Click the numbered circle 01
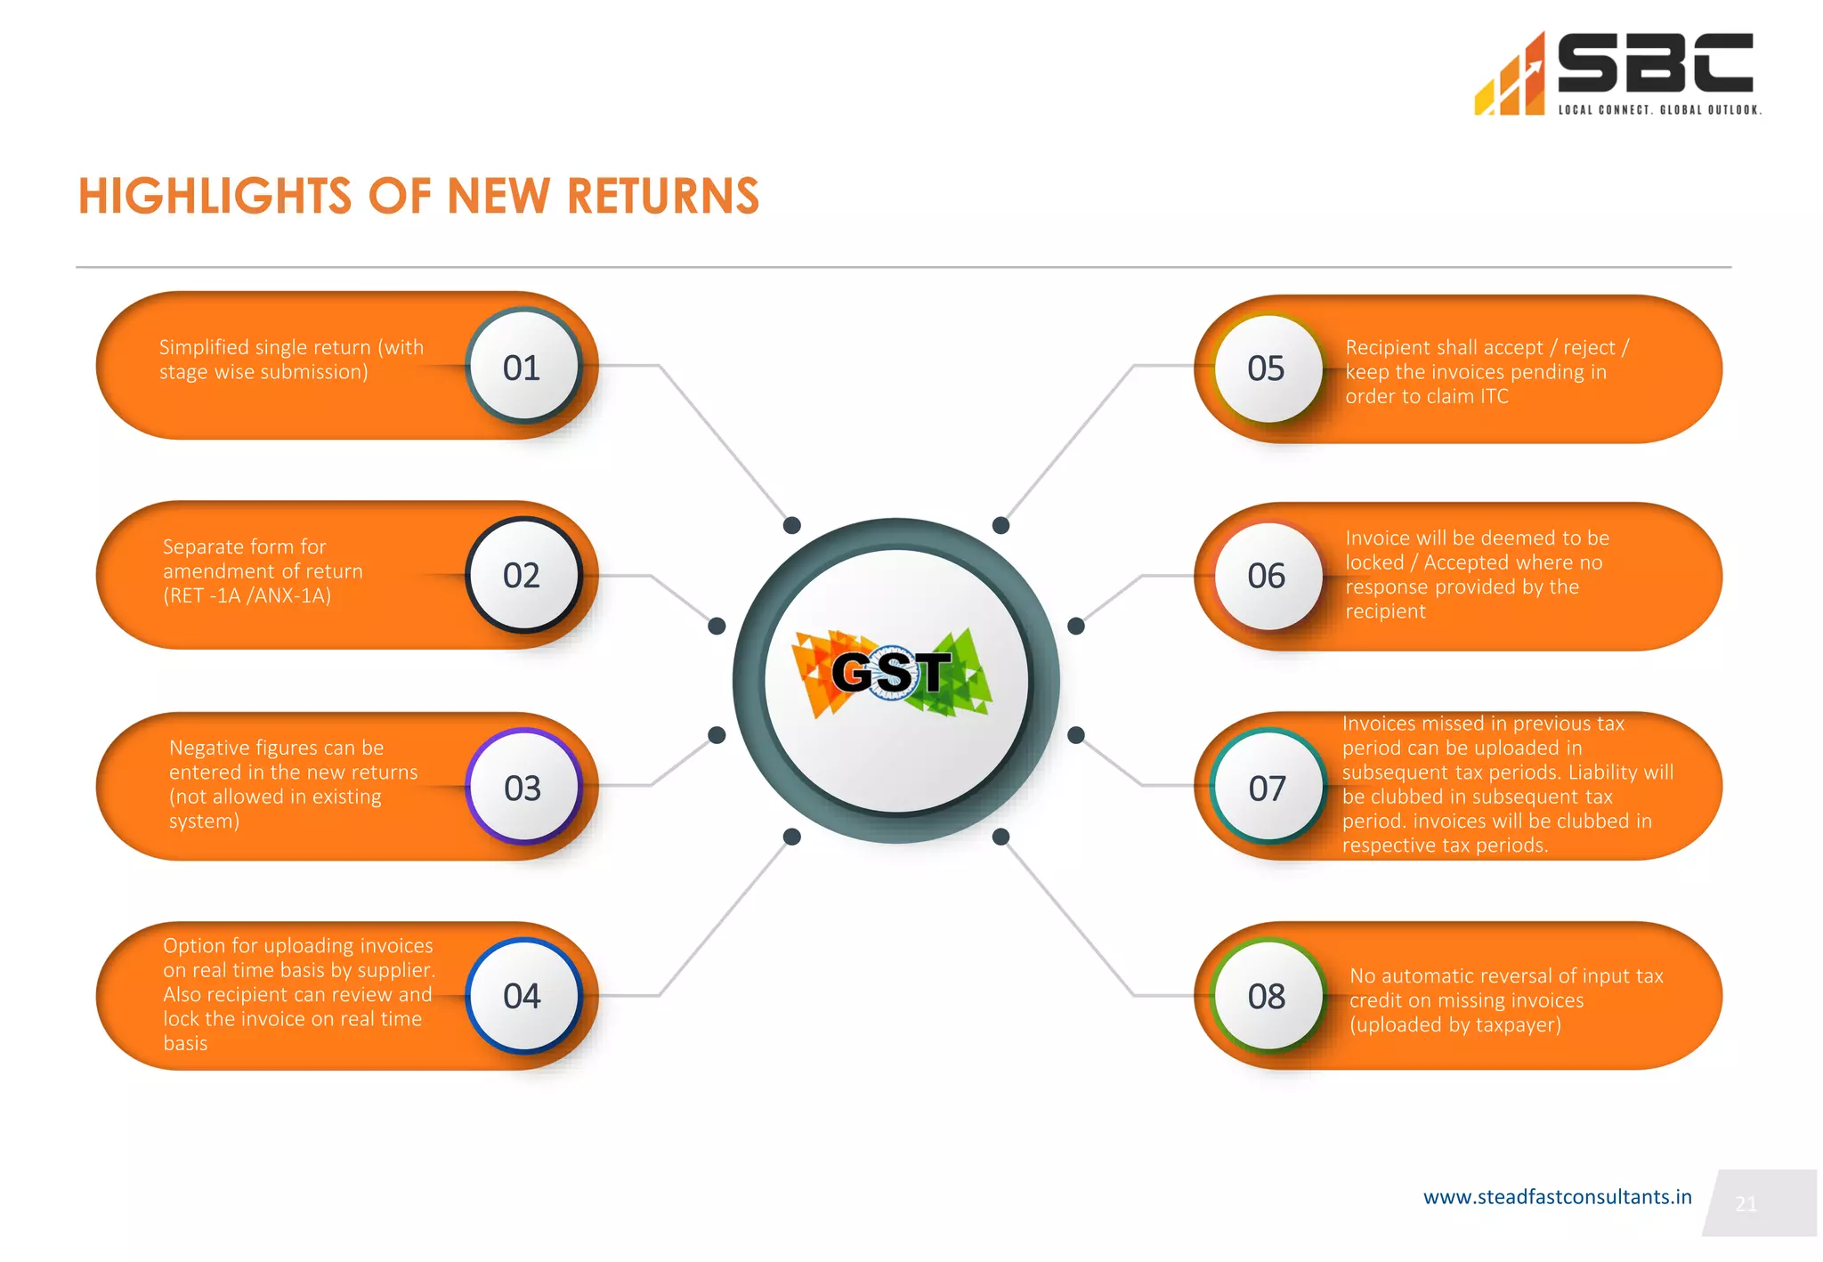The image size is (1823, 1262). pos(523,366)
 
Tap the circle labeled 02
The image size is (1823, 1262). pos(523,575)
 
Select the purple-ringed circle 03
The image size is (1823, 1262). pos(523,788)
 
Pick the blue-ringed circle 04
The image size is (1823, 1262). pos(523,996)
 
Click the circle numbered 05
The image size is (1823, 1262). pos(1267,368)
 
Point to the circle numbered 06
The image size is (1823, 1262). pos(1267,576)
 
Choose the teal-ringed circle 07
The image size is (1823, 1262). pos(1268,788)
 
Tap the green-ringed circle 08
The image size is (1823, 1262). pos(1267,996)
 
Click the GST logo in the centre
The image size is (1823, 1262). pos(893,673)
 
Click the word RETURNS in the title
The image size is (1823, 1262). pos(663,196)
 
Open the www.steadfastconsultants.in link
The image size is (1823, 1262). pos(1557,1197)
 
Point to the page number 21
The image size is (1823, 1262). pos(1746,1204)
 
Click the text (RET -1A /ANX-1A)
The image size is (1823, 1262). pos(247,595)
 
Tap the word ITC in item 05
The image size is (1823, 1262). pos(1494,396)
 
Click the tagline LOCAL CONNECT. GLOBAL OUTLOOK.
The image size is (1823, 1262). pos(1659,110)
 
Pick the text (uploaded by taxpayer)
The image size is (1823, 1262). pos(1455,1024)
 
